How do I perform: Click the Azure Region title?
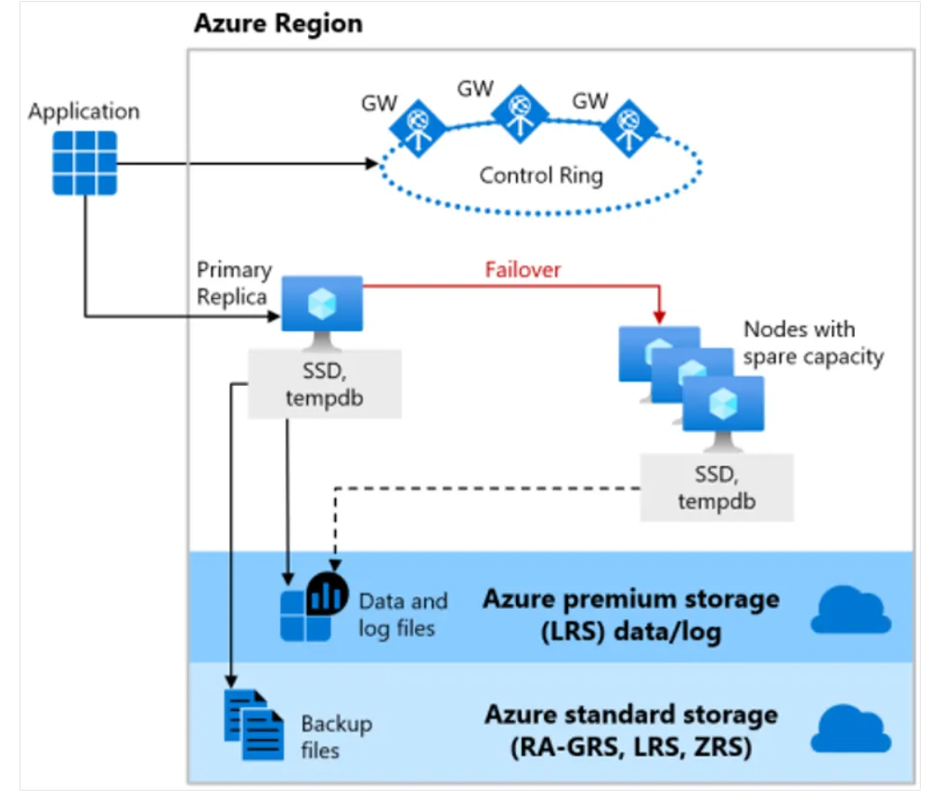(x=278, y=23)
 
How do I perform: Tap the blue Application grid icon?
(x=84, y=162)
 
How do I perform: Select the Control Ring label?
(x=541, y=174)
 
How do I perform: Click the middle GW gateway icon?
(x=521, y=114)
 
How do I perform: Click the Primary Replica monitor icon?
(x=321, y=305)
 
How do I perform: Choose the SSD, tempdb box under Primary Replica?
(x=325, y=382)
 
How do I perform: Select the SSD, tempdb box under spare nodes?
(x=717, y=486)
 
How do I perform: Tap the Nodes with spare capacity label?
(x=812, y=342)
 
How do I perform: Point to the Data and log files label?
(x=403, y=614)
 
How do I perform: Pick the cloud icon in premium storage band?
(x=850, y=611)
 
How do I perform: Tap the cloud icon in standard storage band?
(x=850, y=728)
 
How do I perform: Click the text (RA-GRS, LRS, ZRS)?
(x=631, y=746)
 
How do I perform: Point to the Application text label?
(x=84, y=111)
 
